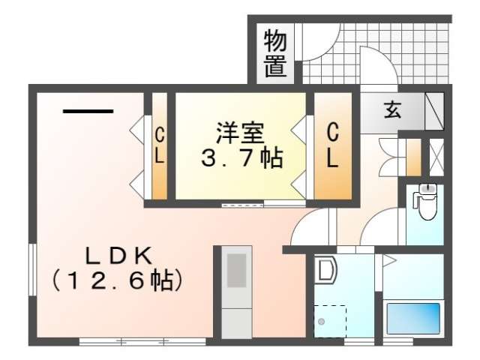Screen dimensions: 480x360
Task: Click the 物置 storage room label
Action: [275, 53]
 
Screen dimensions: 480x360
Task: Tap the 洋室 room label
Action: [240, 133]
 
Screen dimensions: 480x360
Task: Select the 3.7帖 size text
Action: [241, 157]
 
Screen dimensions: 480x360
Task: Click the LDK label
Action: [118, 256]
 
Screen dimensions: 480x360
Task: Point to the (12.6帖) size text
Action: [118, 280]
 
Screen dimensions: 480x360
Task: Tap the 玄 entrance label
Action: [392, 110]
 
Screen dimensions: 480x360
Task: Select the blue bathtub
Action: [413, 318]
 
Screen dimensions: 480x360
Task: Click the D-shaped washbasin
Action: [325, 270]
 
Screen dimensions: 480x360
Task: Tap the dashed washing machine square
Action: [330, 321]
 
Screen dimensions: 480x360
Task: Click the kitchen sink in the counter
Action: [236, 271]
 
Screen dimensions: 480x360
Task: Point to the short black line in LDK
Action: [88, 112]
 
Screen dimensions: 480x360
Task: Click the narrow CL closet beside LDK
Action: [160, 146]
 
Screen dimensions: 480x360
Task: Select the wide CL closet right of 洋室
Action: [333, 146]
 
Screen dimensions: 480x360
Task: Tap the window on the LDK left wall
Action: [33, 270]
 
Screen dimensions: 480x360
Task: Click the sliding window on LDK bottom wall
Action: [142, 341]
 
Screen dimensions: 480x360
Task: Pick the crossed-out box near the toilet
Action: [436, 157]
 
